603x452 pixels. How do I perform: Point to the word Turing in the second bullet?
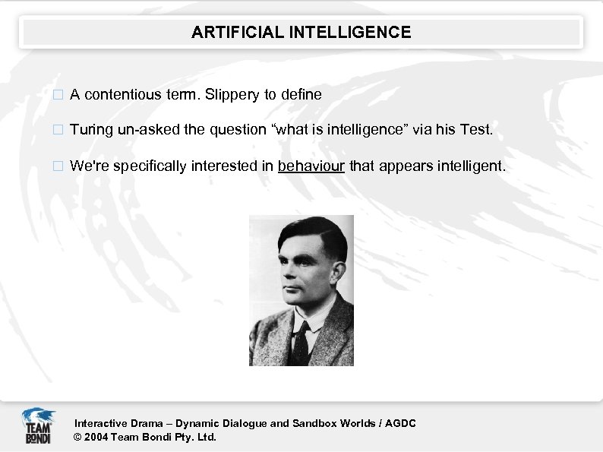[x=91, y=130]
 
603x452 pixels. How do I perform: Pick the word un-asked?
[x=150, y=130]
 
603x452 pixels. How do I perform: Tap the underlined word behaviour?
[x=311, y=166]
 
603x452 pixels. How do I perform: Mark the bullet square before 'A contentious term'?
[x=58, y=96]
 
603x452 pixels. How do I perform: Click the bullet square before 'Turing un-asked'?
[x=58, y=131]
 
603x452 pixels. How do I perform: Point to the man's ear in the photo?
[x=331, y=274]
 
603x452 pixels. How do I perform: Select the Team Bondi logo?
[x=37, y=426]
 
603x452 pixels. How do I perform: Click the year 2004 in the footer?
[x=96, y=437]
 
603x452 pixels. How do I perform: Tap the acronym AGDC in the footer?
[x=401, y=423]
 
